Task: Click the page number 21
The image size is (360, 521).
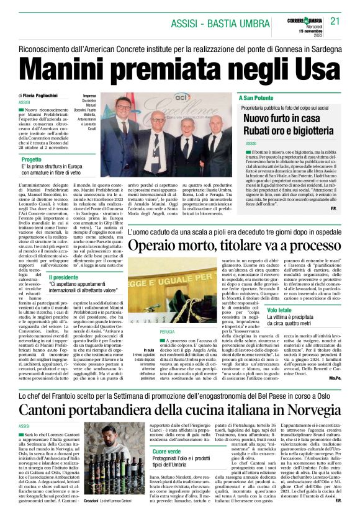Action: click(336, 20)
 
